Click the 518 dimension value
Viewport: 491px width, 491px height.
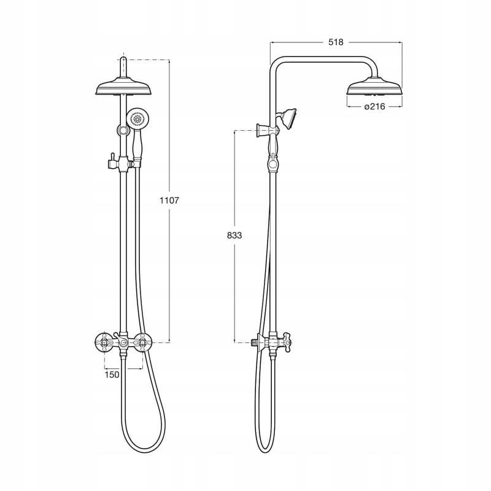tap(336, 42)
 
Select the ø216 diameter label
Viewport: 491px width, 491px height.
tap(375, 106)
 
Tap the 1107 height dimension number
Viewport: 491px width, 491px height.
tap(169, 201)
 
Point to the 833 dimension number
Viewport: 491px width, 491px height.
tap(234, 235)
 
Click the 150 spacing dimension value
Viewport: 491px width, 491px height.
tap(112, 374)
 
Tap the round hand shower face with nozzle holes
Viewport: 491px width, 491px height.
tap(137, 118)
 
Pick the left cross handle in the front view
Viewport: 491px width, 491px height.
tap(104, 342)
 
